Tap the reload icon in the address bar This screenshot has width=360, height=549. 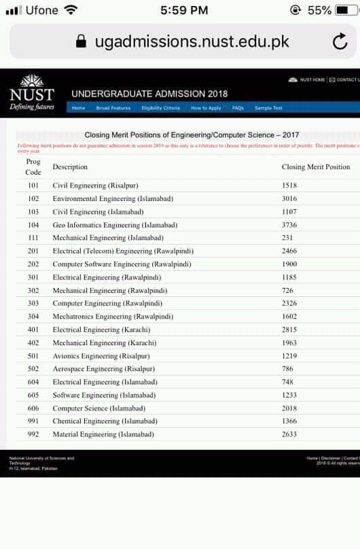340,42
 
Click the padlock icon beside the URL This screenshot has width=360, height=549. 82,42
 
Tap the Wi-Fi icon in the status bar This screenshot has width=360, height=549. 70,10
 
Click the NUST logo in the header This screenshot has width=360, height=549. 32,92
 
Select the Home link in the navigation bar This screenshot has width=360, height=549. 79,108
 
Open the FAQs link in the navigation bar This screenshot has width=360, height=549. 238,108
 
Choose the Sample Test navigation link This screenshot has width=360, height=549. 268,108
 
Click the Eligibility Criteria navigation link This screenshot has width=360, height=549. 161,108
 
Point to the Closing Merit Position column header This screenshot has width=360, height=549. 316,167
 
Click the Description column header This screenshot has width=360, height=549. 70,167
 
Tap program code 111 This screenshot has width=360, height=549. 33,238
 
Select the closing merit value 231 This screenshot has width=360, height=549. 287,238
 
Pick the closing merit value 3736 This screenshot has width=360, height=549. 289,225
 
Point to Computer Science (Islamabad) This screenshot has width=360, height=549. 99,408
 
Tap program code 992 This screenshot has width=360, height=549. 33,434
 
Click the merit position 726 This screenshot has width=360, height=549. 287,290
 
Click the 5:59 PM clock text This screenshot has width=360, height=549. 184,10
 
